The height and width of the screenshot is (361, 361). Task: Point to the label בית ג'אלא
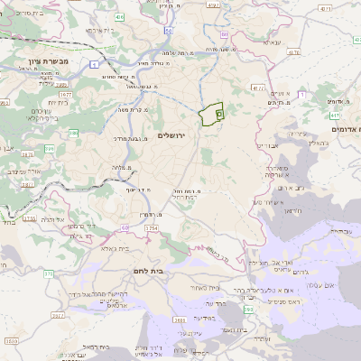116,247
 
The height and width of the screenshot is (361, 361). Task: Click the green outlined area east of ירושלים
210,114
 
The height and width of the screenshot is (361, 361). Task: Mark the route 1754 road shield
152,230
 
